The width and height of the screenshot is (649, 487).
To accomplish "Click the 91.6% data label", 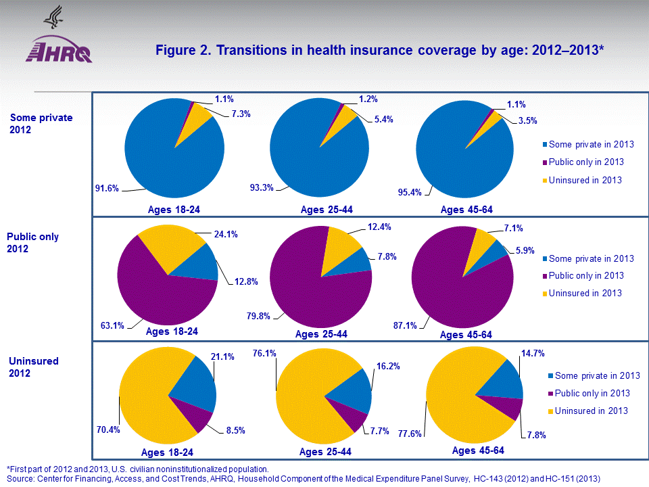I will [107, 189].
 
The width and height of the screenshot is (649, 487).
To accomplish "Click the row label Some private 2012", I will [41, 124].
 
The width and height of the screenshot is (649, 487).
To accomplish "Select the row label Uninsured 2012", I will [34, 367].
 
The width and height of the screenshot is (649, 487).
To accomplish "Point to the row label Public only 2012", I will [33, 243].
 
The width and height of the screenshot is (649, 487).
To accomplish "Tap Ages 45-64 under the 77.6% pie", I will [478, 450].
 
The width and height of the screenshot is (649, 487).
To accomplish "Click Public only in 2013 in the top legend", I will [586, 162].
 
